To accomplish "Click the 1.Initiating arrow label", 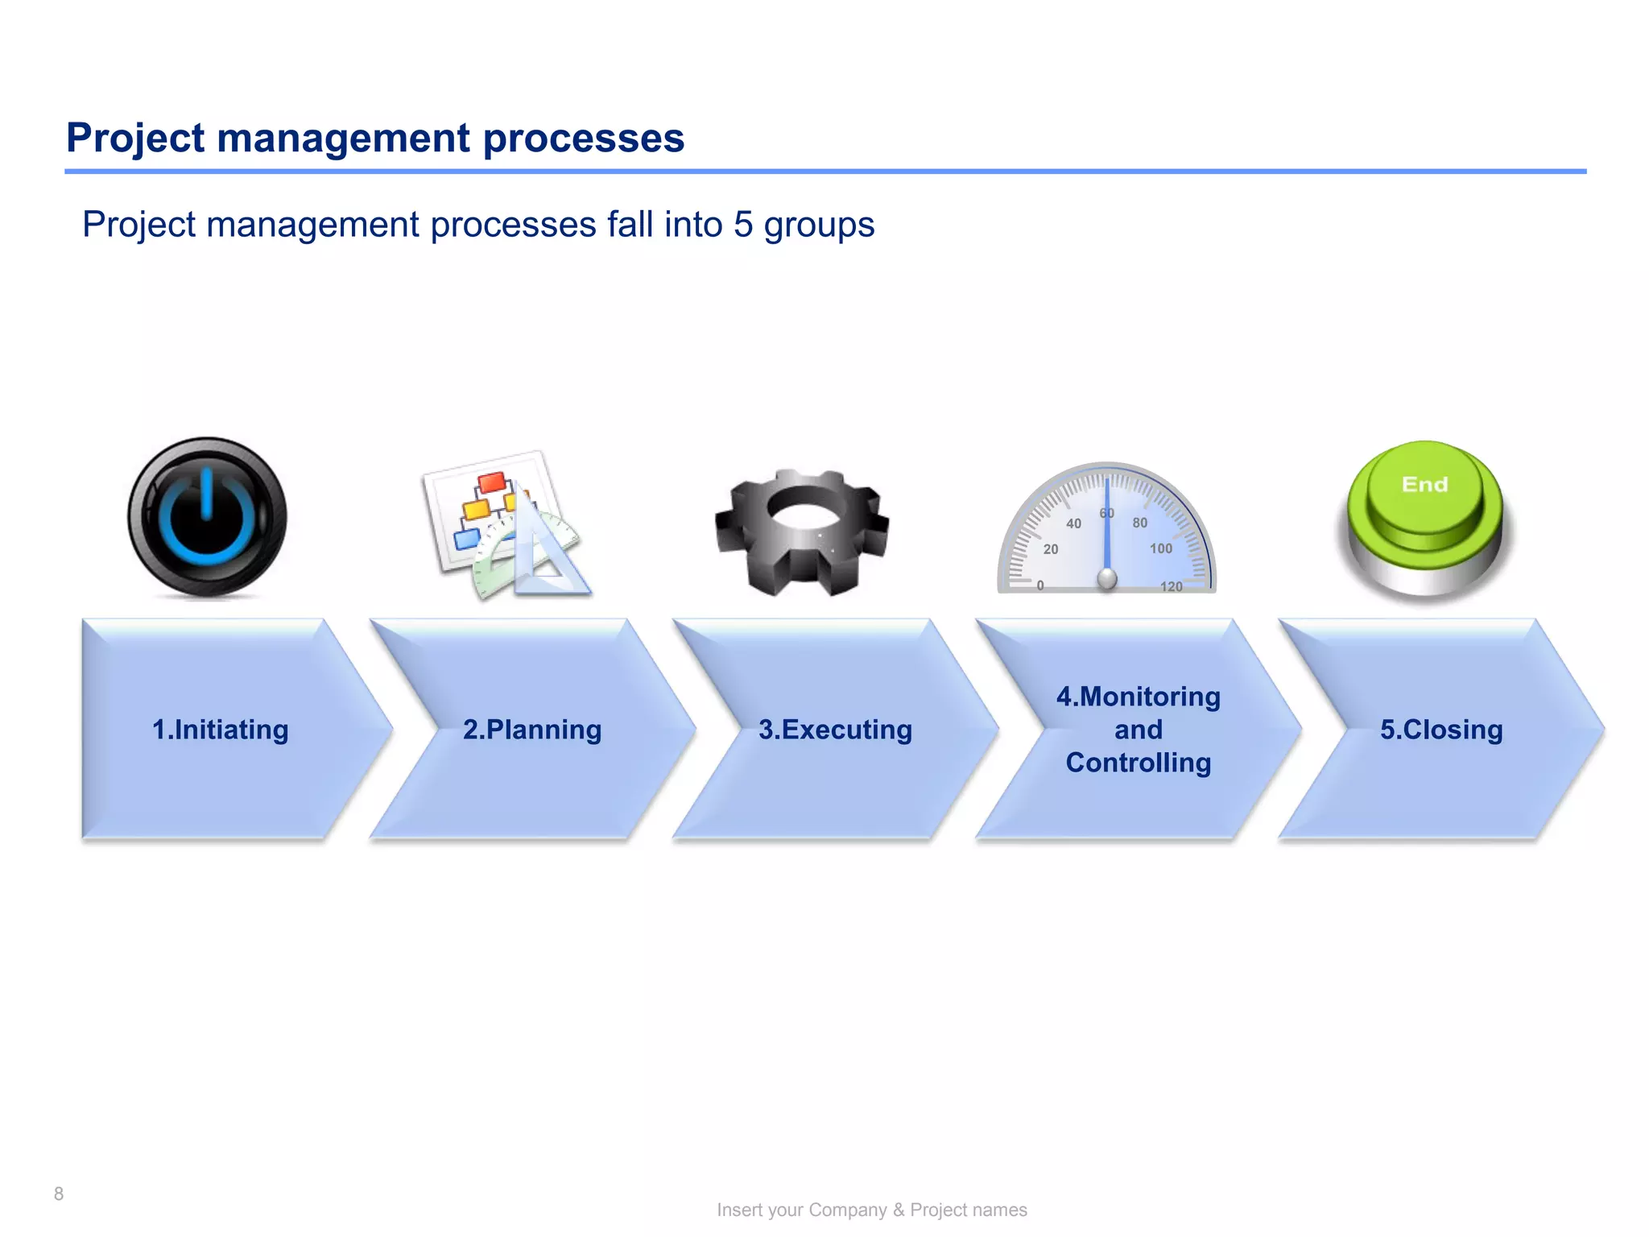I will [220, 730].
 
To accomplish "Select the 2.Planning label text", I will [532, 730].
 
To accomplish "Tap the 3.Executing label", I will [835, 730].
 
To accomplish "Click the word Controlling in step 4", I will [1138, 763].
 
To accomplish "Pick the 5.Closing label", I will [1441, 730].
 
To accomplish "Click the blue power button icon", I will [207, 518].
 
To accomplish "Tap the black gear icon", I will [802, 532].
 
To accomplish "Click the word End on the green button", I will [1424, 484].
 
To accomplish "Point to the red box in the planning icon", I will [492, 482].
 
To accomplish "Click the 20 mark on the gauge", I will [1051, 549].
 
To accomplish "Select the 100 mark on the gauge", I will [1160, 548].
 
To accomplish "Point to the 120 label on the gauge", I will [1172, 586].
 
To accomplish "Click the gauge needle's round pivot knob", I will [1107, 578].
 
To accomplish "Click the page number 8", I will [59, 1194].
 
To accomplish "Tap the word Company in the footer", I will [847, 1210].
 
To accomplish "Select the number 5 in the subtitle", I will [742, 225].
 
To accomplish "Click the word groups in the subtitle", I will [819, 225].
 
